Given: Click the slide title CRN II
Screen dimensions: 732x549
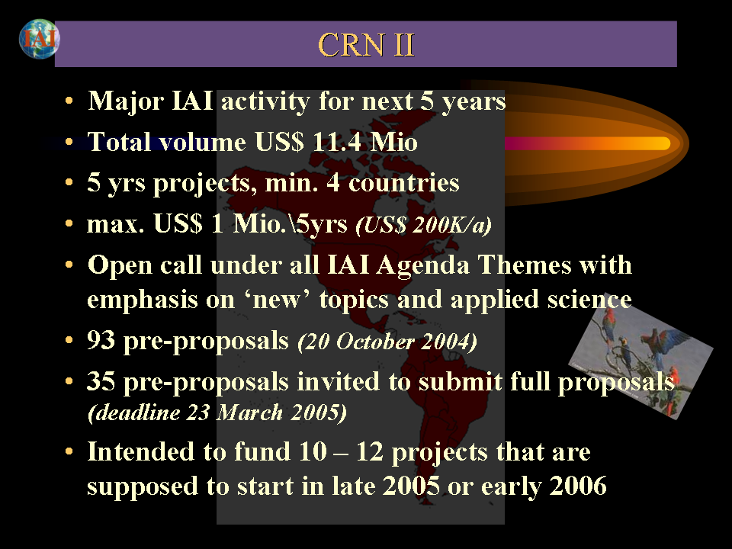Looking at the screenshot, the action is point(366,45).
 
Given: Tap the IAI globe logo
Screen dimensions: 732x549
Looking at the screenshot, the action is point(39,39).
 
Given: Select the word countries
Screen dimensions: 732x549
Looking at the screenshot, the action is point(404,182).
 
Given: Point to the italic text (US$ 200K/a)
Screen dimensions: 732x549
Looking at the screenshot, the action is point(423,225).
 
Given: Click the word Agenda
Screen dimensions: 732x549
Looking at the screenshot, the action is point(422,265).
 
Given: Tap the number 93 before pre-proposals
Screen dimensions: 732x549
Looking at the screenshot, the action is point(101,340).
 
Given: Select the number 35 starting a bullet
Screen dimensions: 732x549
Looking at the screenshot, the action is point(101,381).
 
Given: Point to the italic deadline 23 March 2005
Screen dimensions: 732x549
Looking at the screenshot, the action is point(217,413).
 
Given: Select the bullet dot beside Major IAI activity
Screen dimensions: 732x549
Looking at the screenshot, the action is point(69,101).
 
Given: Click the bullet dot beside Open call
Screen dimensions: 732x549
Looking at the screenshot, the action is point(69,265).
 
